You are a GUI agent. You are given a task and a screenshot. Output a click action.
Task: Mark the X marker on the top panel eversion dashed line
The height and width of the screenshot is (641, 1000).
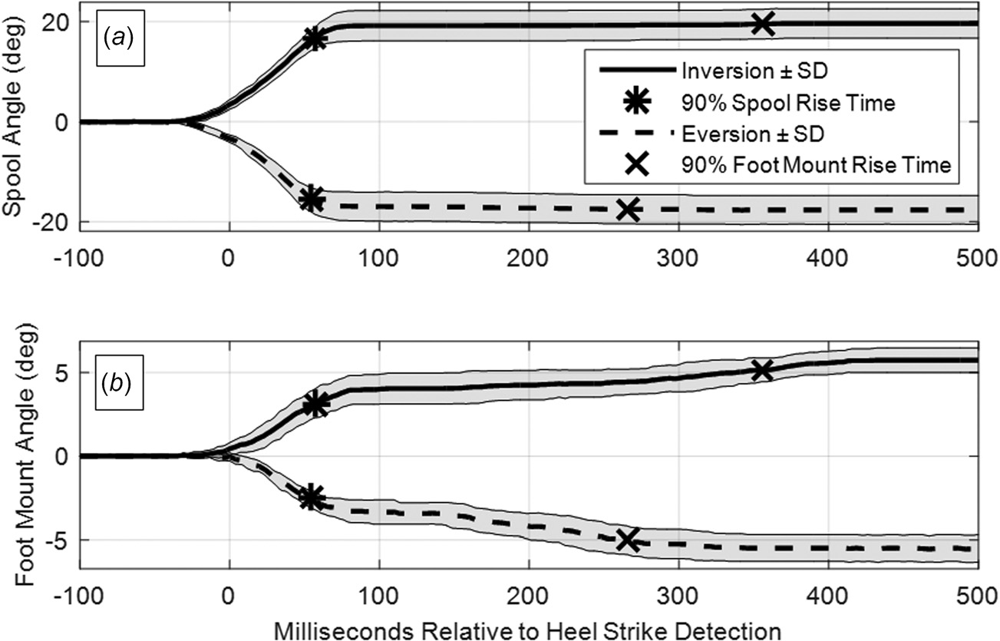[629, 209]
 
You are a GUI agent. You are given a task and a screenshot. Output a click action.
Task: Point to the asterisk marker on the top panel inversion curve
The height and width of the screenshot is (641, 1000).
[315, 39]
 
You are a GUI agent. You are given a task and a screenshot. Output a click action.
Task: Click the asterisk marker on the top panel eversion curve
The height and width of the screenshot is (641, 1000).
[312, 199]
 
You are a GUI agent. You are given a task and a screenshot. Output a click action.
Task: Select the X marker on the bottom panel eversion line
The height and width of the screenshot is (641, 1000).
[628, 540]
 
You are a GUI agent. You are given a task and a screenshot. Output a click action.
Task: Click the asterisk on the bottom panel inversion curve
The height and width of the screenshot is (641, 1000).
[315, 404]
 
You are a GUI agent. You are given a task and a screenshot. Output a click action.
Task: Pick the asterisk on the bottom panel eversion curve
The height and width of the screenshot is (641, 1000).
[311, 497]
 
